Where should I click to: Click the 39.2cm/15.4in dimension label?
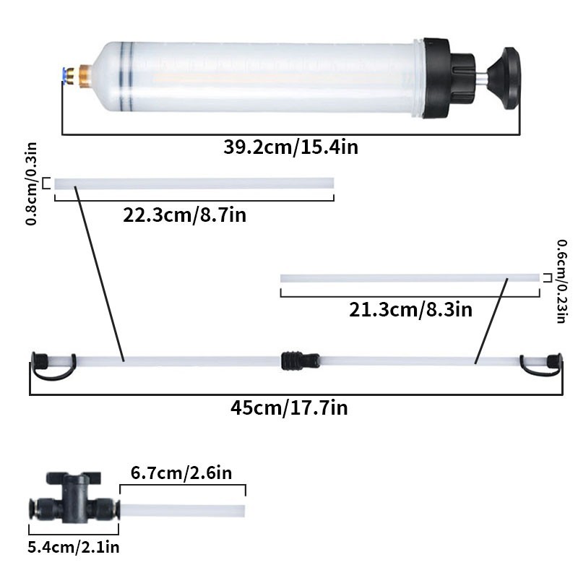pyautogui.click(x=290, y=148)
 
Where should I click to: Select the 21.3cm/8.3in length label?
pyautogui.click(x=410, y=310)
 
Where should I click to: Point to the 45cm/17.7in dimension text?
pyautogui.click(x=289, y=408)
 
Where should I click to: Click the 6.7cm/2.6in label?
pyautogui.click(x=181, y=473)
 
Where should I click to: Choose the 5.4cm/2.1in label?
pyautogui.click(x=73, y=547)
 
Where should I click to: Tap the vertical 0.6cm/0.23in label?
pyautogui.click(x=561, y=281)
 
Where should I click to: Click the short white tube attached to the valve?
pyautogui.click(x=181, y=511)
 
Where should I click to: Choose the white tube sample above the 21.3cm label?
pyautogui.click(x=409, y=278)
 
